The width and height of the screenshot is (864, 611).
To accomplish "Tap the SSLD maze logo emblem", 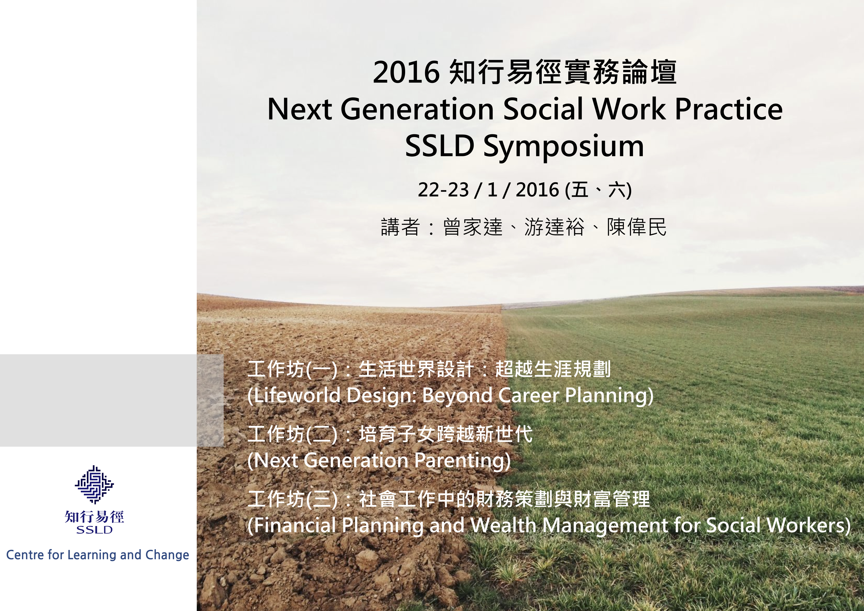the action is [94, 485].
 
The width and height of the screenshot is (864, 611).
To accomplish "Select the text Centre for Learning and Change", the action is [97, 555].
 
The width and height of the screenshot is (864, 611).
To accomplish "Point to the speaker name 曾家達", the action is [473, 227].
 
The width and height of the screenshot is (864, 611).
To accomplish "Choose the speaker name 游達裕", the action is [554, 227].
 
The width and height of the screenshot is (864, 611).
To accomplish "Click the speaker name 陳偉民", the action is [637, 227].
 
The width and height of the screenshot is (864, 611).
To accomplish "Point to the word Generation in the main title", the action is [417, 109].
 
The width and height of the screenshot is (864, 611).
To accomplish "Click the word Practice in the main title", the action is [729, 109].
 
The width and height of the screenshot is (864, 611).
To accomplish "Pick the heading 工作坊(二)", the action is [292, 434].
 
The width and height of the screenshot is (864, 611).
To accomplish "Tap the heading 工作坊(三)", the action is [292, 499].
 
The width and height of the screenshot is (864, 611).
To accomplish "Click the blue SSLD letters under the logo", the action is [94, 530].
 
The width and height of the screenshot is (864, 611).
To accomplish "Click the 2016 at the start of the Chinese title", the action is [406, 72].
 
